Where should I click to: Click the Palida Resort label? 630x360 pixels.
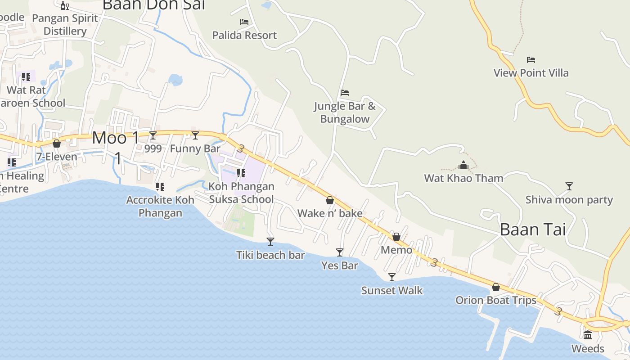pos(244,35)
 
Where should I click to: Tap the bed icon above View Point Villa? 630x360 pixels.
pos(531,60)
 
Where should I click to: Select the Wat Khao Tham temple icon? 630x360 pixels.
pos(463,165)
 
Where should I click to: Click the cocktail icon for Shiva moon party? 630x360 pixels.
pos(569,186)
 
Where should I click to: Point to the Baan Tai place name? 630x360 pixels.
pos(532,229)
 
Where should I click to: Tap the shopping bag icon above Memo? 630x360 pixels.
pos(396,237)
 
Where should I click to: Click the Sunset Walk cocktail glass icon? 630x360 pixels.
pos(392,277)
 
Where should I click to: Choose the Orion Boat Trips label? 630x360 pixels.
pos(495,300)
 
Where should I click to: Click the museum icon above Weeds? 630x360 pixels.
pos(588,335)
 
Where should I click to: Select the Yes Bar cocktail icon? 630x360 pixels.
pos(340,252)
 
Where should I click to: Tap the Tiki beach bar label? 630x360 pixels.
pos(270,255)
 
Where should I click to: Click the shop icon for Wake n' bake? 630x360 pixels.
pos(330,200)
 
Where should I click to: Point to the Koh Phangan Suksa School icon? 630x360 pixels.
pos(241,173)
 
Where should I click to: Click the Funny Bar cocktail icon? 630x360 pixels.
pos(195,135)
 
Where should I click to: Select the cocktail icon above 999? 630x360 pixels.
pos(153,135)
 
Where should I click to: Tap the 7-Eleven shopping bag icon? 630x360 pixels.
pos(57,144)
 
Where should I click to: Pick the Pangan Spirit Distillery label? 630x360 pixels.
pos(65,25)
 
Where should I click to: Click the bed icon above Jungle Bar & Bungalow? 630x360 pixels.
pos(345,93)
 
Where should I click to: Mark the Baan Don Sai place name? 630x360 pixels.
pos(154,4)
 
